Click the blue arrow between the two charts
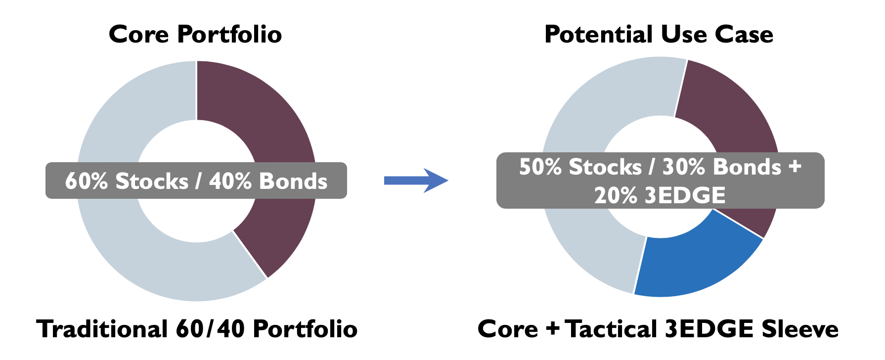pyautogui.click(x=416, y=180)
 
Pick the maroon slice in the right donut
pyautogui.click(x=732, y=119)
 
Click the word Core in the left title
pyautogui.click(x=139, y=35)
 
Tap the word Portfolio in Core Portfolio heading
pyautogui.click(x=229, y=35)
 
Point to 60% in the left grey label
pyautogui.click(x=86, y=181)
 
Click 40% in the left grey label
pyautogui.click(x=230, y=181)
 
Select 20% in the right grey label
pyautogui.click(x=616, y=196)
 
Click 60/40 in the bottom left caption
pyautogui.click(x=210, y=329)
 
